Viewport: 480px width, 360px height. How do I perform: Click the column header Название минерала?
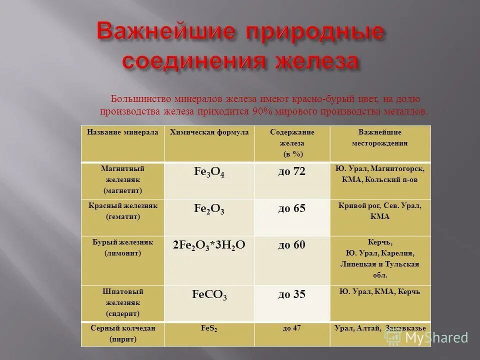coord(122,132)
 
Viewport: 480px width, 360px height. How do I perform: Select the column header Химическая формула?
coord(209,132)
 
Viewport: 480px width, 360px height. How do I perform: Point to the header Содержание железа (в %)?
coord(292,143)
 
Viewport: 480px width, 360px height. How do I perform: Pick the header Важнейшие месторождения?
coord(379,137)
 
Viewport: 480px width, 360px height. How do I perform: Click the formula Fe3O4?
coord(209,172)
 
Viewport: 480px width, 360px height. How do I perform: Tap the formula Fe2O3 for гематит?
coord(209,209)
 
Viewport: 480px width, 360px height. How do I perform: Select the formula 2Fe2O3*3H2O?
coord(209,245)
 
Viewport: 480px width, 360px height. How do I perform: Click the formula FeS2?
coord(209,329)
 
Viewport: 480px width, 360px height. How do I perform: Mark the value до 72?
coord(291,171)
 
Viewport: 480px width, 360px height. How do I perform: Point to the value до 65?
coord(291,208)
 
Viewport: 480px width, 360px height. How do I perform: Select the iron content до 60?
coord(291,245)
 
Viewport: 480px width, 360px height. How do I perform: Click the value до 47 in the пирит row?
coord(291,328)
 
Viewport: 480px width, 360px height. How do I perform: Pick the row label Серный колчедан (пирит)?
coord(123,333)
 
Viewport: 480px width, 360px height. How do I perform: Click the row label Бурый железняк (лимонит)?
coord(123,247)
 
